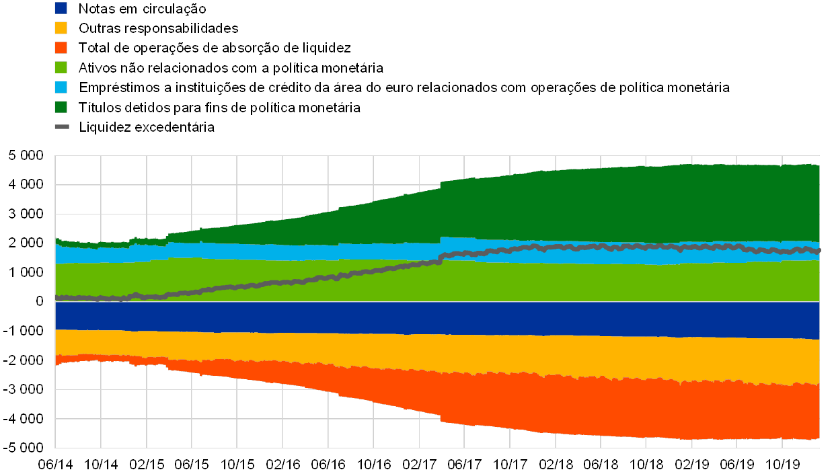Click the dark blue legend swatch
[61, 9]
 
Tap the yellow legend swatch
[61, 28]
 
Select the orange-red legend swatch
[61, 48]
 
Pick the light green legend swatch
[61, 67]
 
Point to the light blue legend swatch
[61, 87]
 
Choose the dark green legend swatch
[61, 107]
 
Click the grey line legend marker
[61, 126]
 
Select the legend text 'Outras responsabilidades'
[159, 28]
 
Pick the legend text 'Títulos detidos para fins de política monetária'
[219, 107]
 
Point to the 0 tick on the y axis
[40, 301]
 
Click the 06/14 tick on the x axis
[55, 464]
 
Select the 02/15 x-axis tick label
[146, 464]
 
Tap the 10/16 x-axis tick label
[373, 464]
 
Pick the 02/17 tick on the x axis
[419, 464]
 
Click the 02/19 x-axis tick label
[691, 464]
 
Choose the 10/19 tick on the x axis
[782, 464]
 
